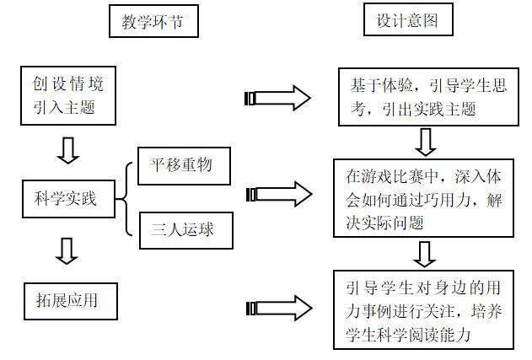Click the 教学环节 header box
click(153, 21)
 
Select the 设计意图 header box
click(406, 20)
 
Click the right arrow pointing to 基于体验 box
click(278, 98)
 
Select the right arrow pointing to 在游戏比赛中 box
click(278, 195)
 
